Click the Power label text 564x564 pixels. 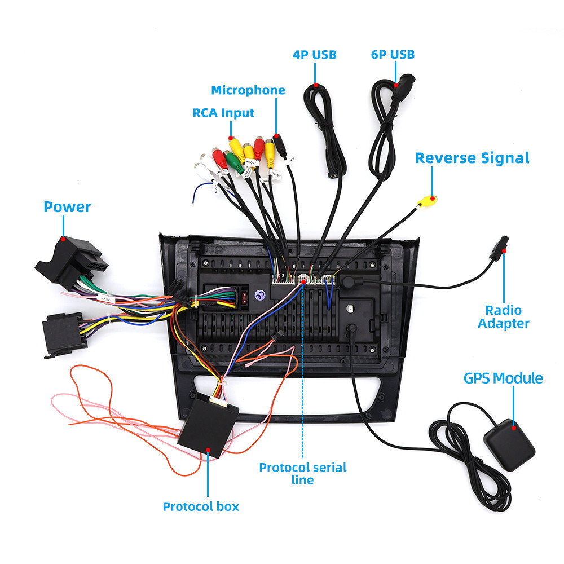67,207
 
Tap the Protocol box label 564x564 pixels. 201,506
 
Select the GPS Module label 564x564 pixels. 503,378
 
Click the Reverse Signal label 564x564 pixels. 472,158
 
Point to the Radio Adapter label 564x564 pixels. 504,316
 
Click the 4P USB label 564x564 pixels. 314,55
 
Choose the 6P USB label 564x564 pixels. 393,54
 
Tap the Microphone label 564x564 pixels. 248,90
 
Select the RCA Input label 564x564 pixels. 223,113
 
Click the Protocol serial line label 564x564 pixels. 303,473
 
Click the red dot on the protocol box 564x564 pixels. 208,449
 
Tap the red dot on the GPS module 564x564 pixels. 514,428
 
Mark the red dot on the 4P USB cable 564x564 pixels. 316,86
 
